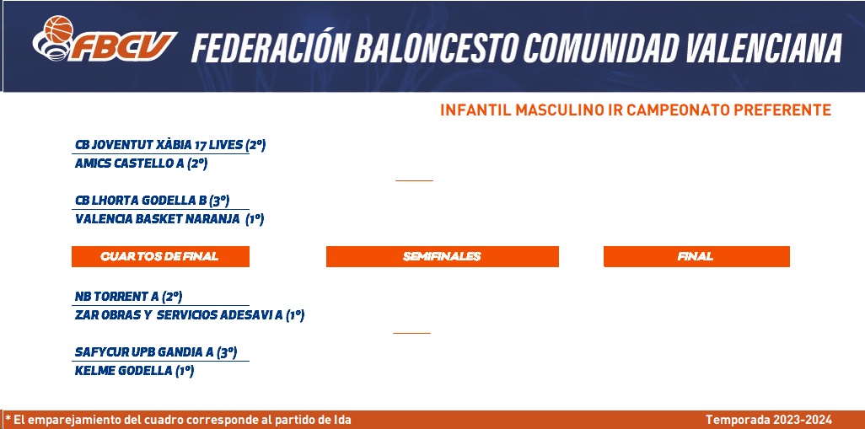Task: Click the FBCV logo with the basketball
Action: (105, 39)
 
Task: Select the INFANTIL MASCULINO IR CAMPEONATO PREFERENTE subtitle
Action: (636, 110)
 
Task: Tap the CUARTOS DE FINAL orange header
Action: (160, 256)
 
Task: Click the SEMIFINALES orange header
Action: (443, 256)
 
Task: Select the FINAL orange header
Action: (696, 256)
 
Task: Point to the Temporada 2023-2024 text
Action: (769, 420)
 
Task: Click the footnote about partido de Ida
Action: (178, 420)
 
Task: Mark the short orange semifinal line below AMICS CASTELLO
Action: (414, 180)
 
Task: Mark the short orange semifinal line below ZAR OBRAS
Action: (411, 333)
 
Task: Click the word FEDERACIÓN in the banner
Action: (270, 47)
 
